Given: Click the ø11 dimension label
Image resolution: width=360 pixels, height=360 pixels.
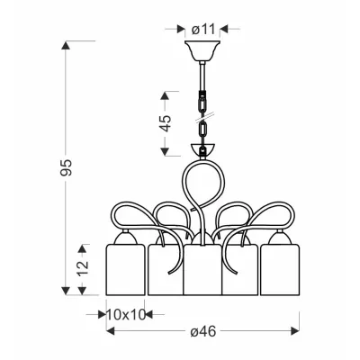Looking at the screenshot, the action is coord(203,30).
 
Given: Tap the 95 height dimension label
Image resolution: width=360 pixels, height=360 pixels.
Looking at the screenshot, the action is coord(66,167).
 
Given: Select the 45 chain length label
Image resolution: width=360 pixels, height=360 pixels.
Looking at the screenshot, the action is coord(166,123).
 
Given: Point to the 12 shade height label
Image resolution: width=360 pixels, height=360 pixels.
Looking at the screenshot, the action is coord(83,265).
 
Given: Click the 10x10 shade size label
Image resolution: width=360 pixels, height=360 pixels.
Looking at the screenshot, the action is coord(126,314).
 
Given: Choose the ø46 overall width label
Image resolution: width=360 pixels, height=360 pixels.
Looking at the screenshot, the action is coord(203,331).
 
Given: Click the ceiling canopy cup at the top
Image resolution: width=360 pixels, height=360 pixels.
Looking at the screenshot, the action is coord(202,50).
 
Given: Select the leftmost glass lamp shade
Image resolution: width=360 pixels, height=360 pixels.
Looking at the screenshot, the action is coord(125,269).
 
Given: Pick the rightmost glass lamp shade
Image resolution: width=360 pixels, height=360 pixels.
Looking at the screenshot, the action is coord(280,269).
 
